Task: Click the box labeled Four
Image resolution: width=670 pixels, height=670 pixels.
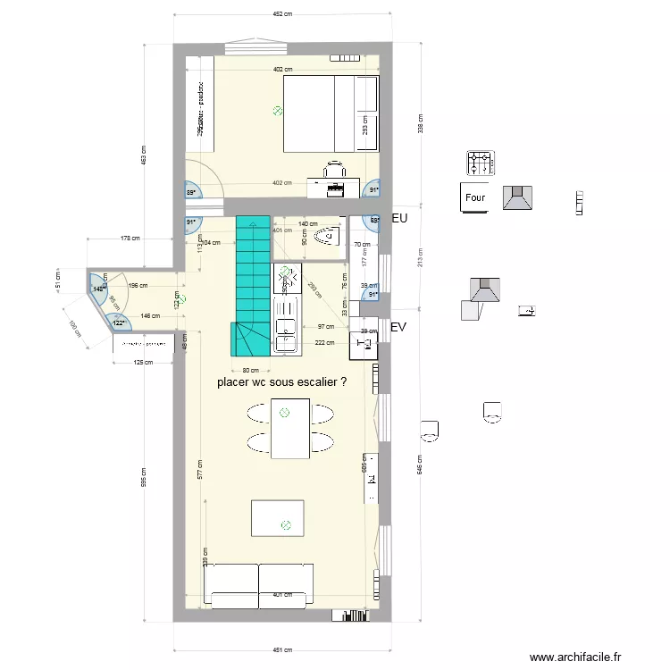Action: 475,198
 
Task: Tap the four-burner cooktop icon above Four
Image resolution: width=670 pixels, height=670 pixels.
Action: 479,163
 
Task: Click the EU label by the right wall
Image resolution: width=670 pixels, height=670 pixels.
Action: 399,217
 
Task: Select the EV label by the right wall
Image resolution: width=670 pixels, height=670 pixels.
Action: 398,328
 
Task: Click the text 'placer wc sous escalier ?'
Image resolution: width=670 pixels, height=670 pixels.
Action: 281,381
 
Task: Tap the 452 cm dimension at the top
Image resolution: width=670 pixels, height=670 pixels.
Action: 283,14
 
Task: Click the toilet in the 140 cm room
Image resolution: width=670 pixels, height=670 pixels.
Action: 329,236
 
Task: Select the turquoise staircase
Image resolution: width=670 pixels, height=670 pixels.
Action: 253,286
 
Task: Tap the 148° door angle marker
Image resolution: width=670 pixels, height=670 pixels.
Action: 97,288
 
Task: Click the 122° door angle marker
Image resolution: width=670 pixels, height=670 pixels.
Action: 118,322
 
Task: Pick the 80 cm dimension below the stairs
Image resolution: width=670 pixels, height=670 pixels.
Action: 250,370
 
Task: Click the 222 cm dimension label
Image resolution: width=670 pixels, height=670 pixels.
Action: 324,342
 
